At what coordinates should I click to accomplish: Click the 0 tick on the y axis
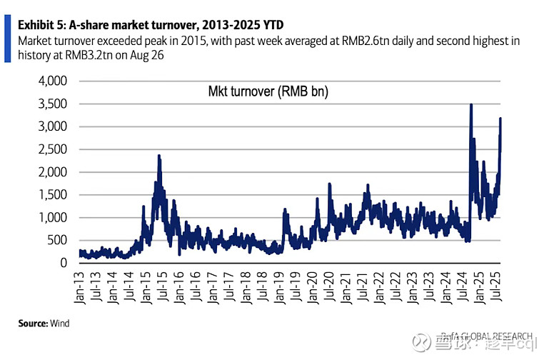63,263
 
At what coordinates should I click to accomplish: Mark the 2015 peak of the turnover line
159,156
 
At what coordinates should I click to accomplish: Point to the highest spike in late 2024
470,105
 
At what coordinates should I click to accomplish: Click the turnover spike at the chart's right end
500,119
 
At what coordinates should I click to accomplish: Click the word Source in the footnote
32,324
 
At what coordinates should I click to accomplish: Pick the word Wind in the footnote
59,324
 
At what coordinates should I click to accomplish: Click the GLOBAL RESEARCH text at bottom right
496,336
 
